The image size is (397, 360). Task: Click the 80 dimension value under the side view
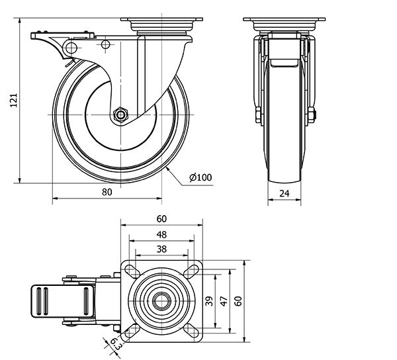[107, 192]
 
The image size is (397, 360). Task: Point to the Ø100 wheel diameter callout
[200, 177]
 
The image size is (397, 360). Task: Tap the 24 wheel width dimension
[284, 194]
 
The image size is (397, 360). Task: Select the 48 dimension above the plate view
[161, 234]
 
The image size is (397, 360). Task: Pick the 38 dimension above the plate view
[161, 249]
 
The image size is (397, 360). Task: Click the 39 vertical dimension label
[209, 301]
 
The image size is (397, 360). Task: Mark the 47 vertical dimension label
[224, 301]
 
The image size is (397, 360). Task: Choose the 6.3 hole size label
[113, 343]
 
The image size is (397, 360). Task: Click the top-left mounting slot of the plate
[130, 270]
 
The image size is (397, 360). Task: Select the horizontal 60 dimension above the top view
[161, 219]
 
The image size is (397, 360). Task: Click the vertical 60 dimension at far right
[240, 301]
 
